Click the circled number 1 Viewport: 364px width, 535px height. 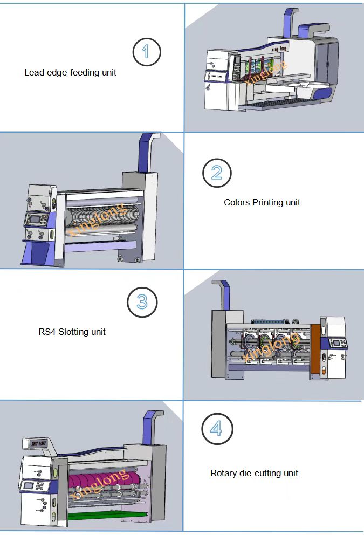[146, 52]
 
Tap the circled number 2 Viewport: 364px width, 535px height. [217, 173]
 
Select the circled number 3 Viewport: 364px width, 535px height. [142, 302]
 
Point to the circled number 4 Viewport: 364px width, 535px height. [216, 429]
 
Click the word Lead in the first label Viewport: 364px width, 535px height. [33, 72]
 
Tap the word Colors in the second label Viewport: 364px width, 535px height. [237, 202]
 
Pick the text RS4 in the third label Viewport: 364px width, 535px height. [46, 332]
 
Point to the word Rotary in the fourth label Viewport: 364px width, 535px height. [223, 473]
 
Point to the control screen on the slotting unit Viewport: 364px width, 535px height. [338, 343]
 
